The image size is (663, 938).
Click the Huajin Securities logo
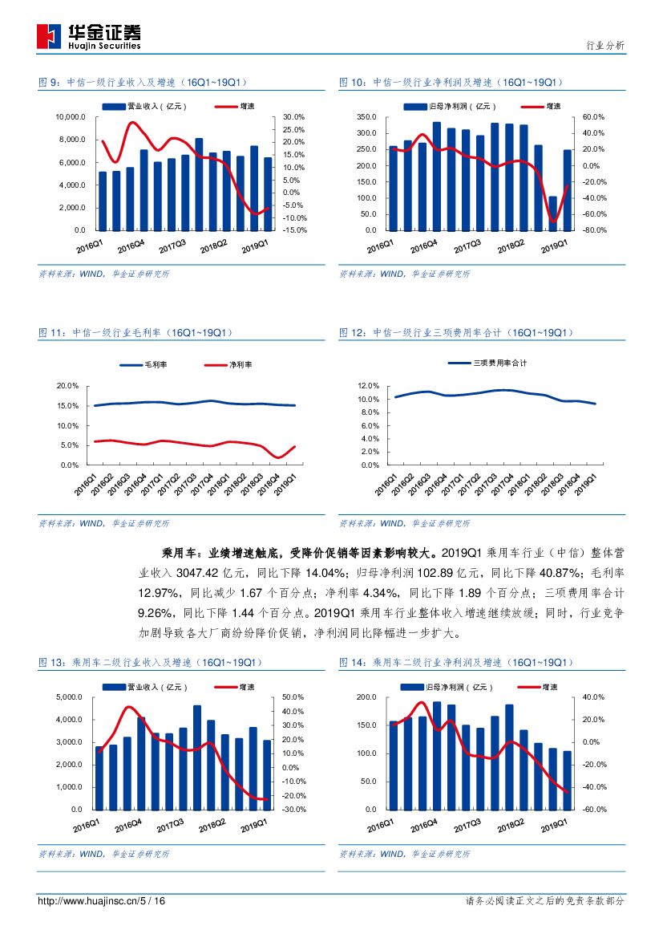click(x=89, y=36)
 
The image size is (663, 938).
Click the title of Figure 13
click(x=151, y=663)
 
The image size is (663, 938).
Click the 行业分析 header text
click(x=605, y=46)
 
